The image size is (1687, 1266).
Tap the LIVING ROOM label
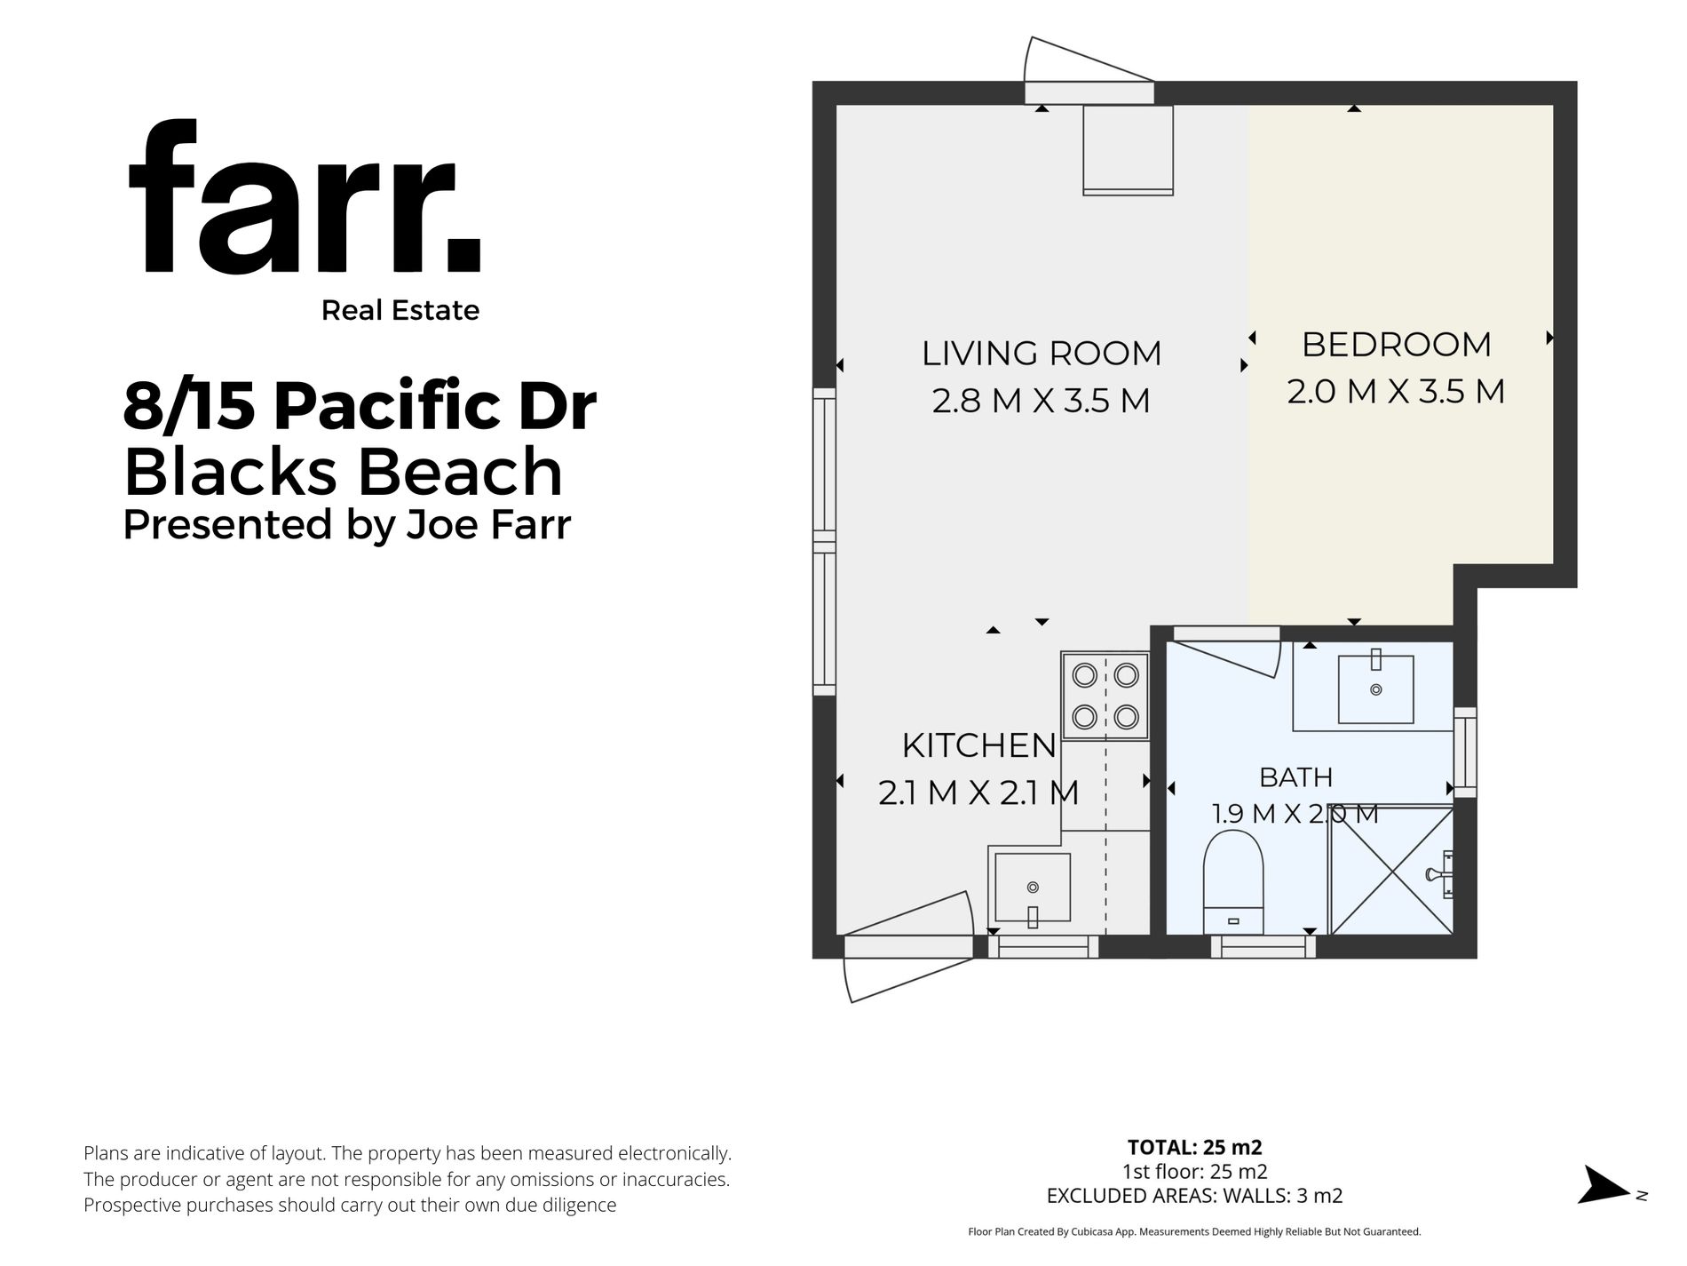coord(1042,354)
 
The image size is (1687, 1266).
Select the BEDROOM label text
coord(1397,345)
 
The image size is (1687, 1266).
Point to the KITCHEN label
coord(979,745)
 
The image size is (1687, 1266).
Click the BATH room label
coord(1296,777)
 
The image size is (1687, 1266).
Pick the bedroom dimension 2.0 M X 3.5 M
coord(1397,392)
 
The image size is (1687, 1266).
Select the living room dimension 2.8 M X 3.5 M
coord(1042,401)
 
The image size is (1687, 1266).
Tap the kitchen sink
coord(1033,888)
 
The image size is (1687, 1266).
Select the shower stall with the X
coord(1391,871)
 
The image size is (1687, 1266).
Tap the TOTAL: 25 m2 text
coord(1195,1147)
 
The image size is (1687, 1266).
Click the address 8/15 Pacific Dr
coord(360,405)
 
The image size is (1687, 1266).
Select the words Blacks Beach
coord(344,471)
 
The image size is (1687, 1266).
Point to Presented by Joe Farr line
coord(347,524)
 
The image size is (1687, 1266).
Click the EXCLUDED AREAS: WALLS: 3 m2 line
coord(1195,1196)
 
